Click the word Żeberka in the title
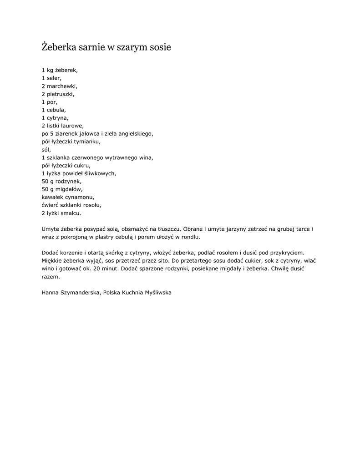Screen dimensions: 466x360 (x=59, y=47)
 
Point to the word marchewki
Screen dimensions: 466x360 (x=62, y=86)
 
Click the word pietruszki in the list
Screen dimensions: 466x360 (x=60, y=94)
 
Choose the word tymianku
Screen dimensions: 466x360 (x=87, y=142)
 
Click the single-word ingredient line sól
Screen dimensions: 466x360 (x=46, y=149)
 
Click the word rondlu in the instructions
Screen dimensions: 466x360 (x=190, y=237)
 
